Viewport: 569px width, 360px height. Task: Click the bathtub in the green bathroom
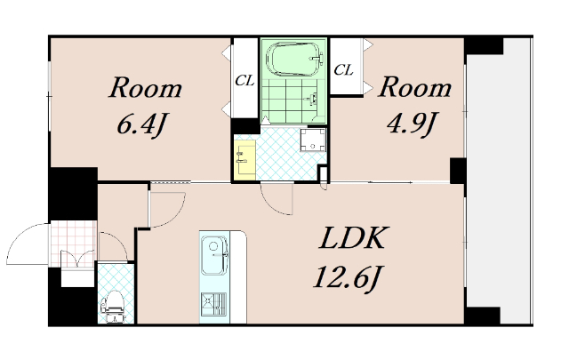[294, 60]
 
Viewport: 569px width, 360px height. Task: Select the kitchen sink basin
[214, 255]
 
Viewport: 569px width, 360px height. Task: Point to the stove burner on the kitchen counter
[213, 303]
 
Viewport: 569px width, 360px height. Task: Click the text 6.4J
[142, 124]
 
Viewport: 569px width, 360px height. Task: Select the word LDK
[352, 238]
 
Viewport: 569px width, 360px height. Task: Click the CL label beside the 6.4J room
[244, 81]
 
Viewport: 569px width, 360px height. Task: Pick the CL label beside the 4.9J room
[343, 69]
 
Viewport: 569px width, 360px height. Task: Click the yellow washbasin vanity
[245, 160]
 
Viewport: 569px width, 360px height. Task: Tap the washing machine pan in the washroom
[313, 140]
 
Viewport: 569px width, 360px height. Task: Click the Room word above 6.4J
[146, 88]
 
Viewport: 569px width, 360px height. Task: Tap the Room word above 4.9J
[415, 87]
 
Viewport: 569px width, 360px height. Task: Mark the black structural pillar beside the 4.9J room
[458, 171]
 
